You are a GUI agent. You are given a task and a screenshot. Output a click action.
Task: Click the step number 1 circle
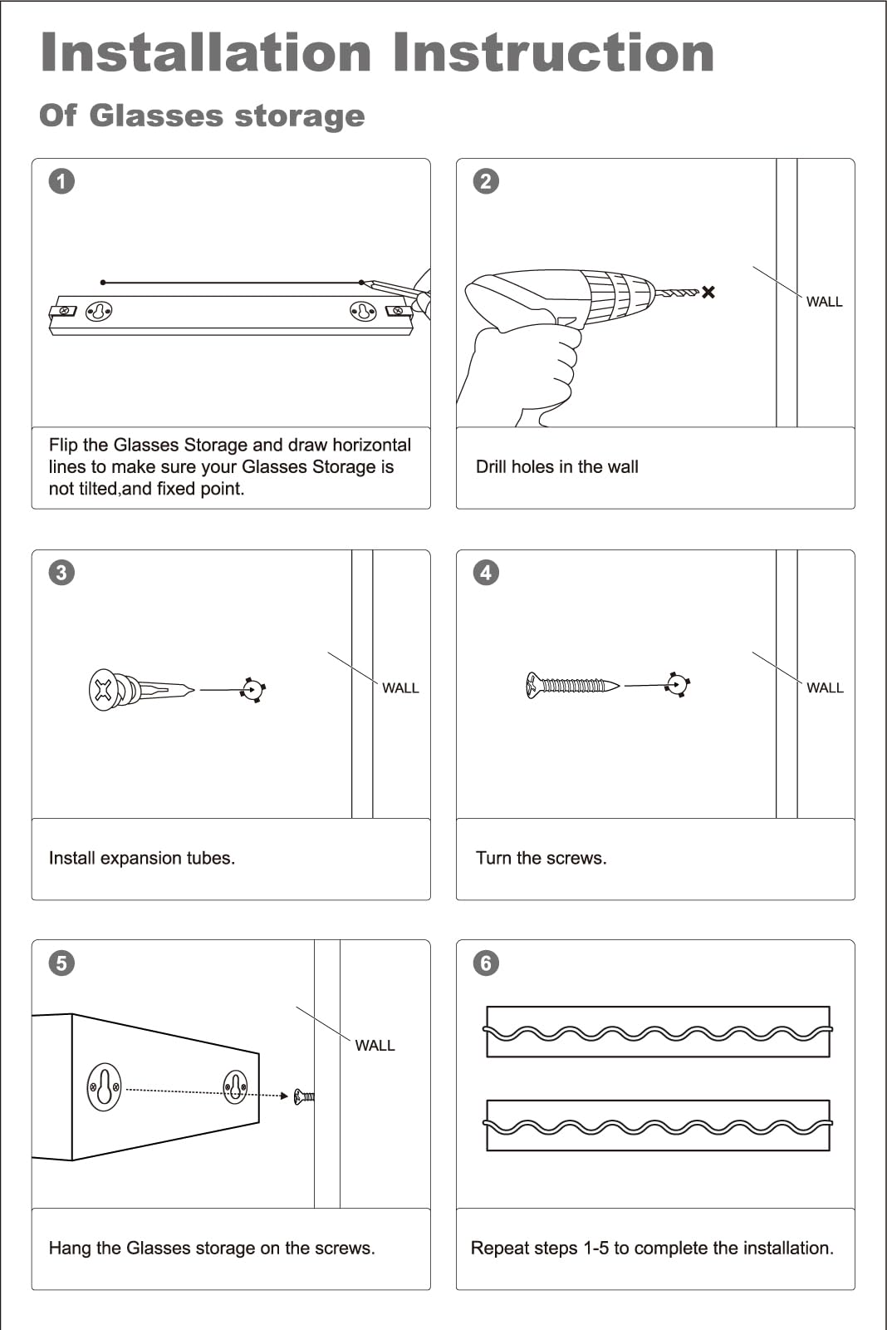click(61, 181)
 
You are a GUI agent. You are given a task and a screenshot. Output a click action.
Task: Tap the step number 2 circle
click(486, 181)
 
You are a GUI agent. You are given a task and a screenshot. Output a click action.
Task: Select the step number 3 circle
click(61, 572)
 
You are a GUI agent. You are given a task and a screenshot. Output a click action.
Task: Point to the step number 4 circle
click(486, 572)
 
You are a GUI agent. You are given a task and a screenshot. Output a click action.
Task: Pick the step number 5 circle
click(61, 963)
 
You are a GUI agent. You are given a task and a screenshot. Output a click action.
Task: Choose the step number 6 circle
click(486, 963)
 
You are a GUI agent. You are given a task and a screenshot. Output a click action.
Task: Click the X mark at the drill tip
click(708, 292)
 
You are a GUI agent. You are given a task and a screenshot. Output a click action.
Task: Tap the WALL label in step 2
click(824, 302)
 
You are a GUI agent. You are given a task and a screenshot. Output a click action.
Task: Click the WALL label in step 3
click(400, 688)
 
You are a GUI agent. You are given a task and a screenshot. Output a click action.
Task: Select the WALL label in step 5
click(375, 1046)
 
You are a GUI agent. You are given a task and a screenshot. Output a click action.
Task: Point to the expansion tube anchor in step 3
click(138, 690)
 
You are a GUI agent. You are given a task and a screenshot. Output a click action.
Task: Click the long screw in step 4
click(572, 686)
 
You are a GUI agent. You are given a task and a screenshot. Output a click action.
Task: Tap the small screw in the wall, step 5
click(304, 1096)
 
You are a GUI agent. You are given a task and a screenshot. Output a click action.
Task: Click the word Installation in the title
click(206, 52)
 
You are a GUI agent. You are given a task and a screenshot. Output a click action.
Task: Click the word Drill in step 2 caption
click(491, 466)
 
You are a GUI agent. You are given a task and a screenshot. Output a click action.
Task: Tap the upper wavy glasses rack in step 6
click(658, 1032)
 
